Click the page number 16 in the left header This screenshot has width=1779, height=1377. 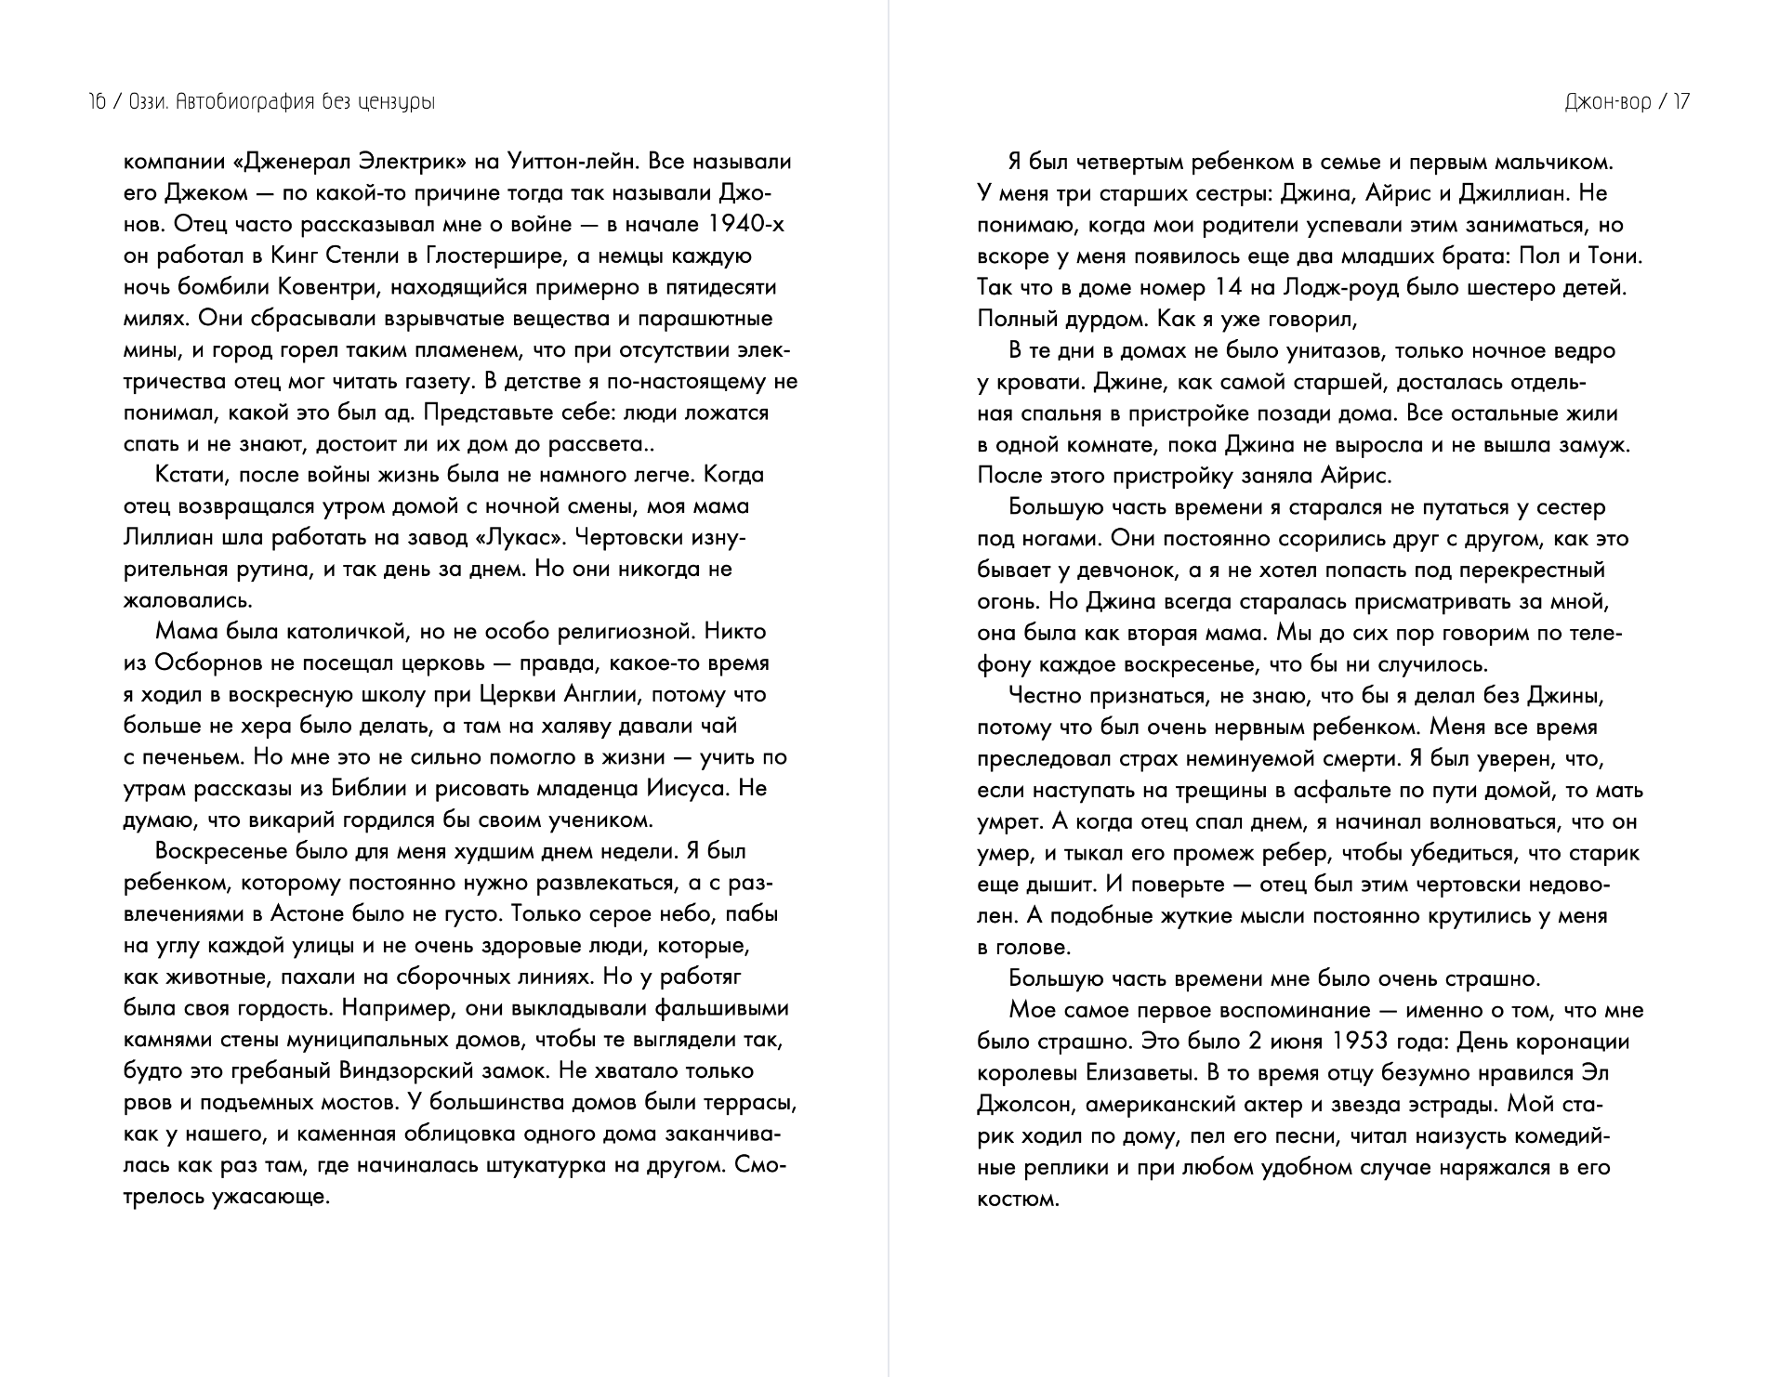(x=96, y=102)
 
